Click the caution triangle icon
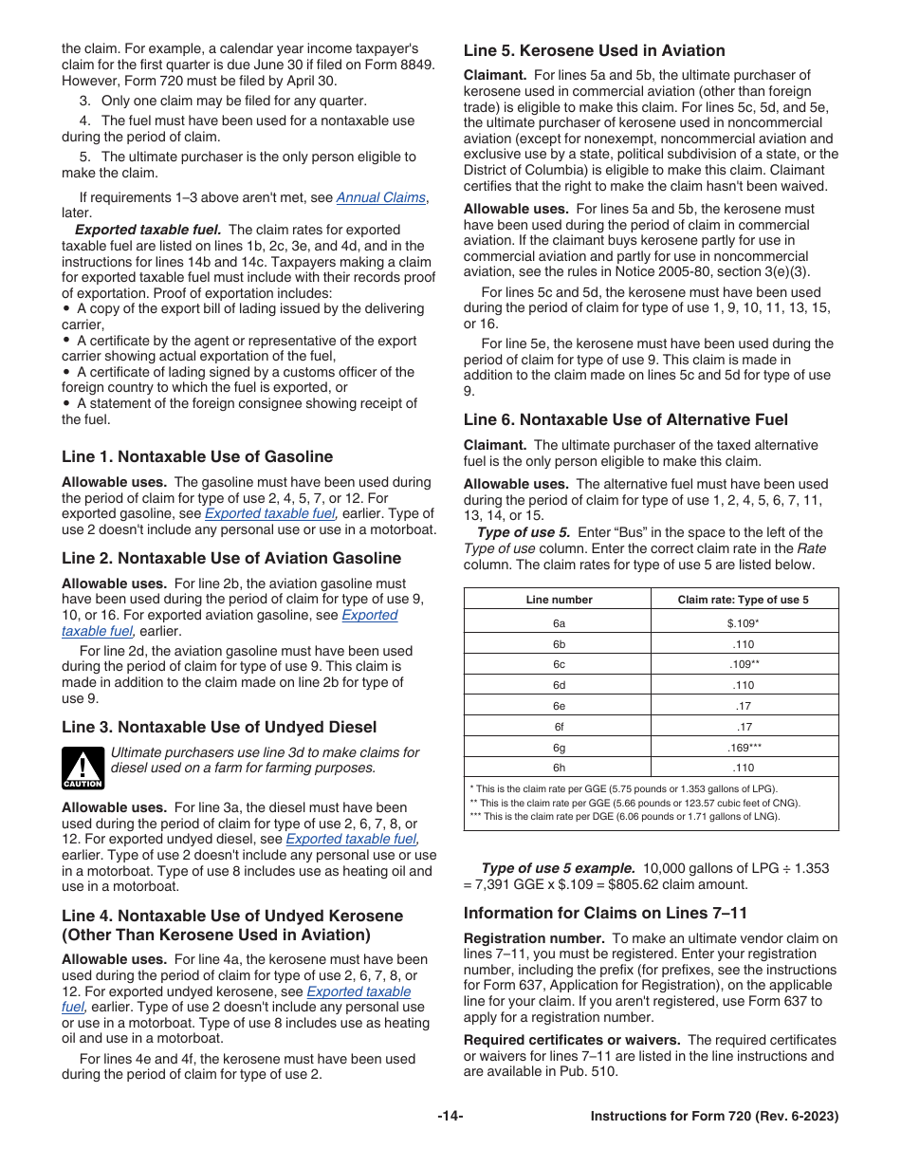click(83, 767)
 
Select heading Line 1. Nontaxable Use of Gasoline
click(197, 456)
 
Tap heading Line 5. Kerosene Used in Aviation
click(594, 51)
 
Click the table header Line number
click(559, 600)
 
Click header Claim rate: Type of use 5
click(744, 600)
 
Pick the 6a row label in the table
click(559, 623)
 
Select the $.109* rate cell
click(744, 623)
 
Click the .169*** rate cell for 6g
click(744, 748)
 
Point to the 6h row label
click(559, 768)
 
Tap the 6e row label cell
click(559, 706)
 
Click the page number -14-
click(450, 1117)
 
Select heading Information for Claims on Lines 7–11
click(605, 914)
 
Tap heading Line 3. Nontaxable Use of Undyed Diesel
click(219, 728)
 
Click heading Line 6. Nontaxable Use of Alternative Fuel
click(625, 419)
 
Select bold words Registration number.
click(521, 938)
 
